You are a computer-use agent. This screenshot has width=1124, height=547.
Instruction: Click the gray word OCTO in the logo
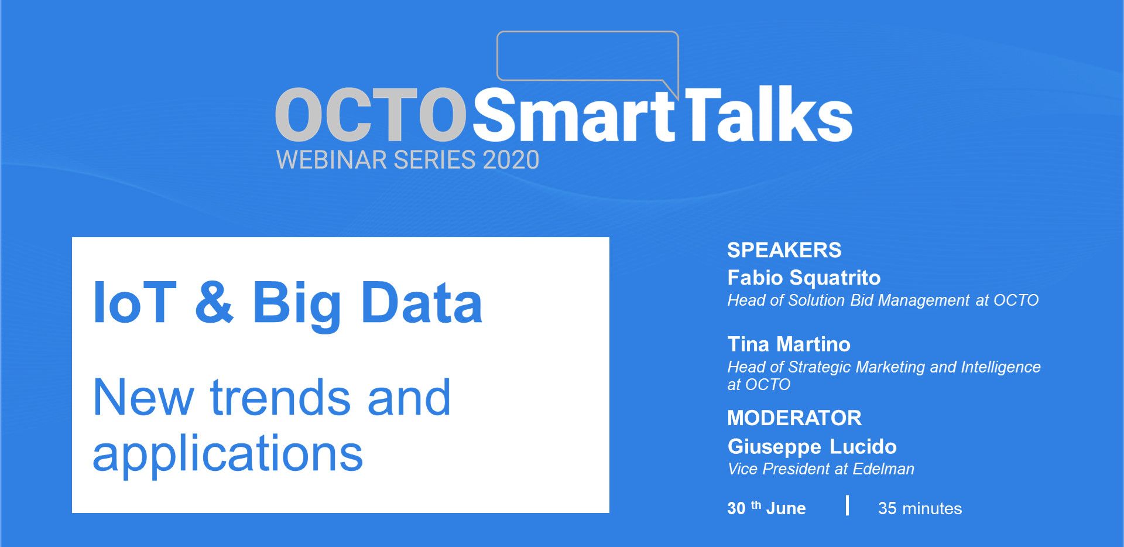tap(371, 115)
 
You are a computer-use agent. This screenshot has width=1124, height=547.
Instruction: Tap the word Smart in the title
tap(574, 115)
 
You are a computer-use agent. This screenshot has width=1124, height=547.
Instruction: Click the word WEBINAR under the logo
tap(331, 160)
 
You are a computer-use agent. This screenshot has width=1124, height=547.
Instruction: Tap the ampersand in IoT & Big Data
tap(214, 302)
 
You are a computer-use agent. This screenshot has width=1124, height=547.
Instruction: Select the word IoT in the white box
tap(135, 302)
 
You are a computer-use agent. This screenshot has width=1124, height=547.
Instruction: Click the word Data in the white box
tap(422, 302)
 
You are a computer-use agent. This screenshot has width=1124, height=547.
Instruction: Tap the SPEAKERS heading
tap(784, 250)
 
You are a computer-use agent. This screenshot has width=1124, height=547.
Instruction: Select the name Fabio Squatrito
tap(804, 278)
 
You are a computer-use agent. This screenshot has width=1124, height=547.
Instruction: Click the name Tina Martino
tap(789, 344)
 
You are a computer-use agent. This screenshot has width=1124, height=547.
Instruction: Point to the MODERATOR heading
tap(794, 418)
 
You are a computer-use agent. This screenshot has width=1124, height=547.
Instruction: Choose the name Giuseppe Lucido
tap(812, 447)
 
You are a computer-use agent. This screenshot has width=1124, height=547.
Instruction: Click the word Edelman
tap(883, 469)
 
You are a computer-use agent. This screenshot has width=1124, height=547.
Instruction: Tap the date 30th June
tap(766, 508)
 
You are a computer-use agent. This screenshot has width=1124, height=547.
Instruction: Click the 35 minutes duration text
tap(920, 508)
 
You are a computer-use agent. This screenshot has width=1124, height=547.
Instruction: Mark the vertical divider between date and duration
tap(847, 505)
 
